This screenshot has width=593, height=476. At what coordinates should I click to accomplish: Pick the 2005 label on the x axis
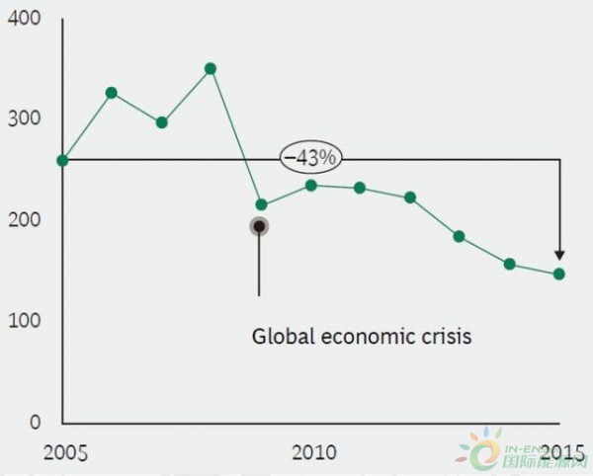(65, 453)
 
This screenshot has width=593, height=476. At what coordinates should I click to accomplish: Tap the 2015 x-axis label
(559, 452)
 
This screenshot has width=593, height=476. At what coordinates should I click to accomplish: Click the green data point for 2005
(62, 160)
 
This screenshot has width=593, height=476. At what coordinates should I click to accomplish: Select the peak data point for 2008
(211, 69)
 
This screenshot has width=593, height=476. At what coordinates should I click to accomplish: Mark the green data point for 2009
(261, 205)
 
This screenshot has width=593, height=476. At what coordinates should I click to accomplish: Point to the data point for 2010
(311, 185)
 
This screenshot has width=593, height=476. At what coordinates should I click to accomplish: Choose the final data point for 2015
(559, 274)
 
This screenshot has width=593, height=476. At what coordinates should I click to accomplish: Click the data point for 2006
(112, 93)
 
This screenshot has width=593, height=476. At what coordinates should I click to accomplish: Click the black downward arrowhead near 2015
(559, 255)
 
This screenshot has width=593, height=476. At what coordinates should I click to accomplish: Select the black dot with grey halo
(259, 226)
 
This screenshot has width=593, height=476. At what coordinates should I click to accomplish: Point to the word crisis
(446, 336)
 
